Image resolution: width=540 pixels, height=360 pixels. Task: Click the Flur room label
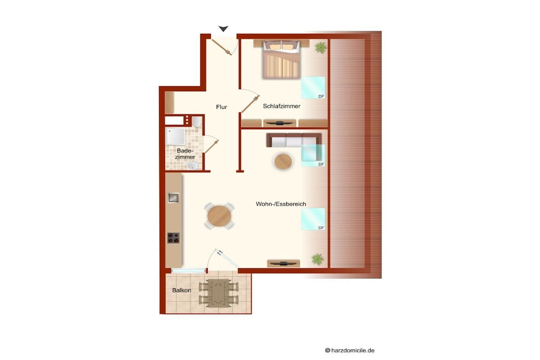pyautogui.click(x=221, y=107)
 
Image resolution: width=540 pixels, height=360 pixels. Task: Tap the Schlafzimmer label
pyautogui.click(x=282, y=106)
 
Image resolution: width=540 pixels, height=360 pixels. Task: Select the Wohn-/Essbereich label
pyautogui.click(x=281, y=204)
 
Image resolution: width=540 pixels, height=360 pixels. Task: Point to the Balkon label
pyautogui.click(x=181, y=290)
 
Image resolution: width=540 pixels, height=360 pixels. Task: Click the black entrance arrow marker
pyautogui.click(x=223, y=29)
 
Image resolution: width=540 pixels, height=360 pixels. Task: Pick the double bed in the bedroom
pyautogui.click(x=282, y=59)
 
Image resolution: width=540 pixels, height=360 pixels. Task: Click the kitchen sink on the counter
pyautogui.click(x=173, y=198)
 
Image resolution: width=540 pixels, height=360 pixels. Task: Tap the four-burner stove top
pyautogui.click(x=173, y=238)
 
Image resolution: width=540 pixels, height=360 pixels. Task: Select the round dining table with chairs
pyautogui.click(x=219, y=216)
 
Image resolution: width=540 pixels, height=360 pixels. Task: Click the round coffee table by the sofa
pyautogui.click(x=283, y=161)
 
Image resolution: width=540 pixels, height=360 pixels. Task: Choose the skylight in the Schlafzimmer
pyautogui.click(x=313, y=88)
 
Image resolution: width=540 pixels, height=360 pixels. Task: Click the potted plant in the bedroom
pyautogui.click(x=321, y=47)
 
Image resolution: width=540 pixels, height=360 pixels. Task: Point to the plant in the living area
pyautogui.click(x=317, y=259)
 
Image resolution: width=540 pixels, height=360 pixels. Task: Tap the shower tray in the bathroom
pyautogui.click(x=176, y=137)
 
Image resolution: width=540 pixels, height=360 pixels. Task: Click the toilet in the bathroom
pyautogui.click(x=197, y=122)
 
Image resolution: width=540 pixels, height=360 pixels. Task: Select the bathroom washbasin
pyautogui.click(x=192, y=166)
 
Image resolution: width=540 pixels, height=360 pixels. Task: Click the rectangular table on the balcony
pyautogui.click(x=218, y=293)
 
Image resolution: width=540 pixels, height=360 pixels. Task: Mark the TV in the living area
pyautogui.click(x=283, y=264)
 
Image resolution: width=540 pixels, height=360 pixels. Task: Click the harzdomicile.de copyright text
pyautogui.click(x=350, y=351)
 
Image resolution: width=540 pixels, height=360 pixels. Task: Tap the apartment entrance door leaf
pyautogui.click(x=221, y=47)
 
